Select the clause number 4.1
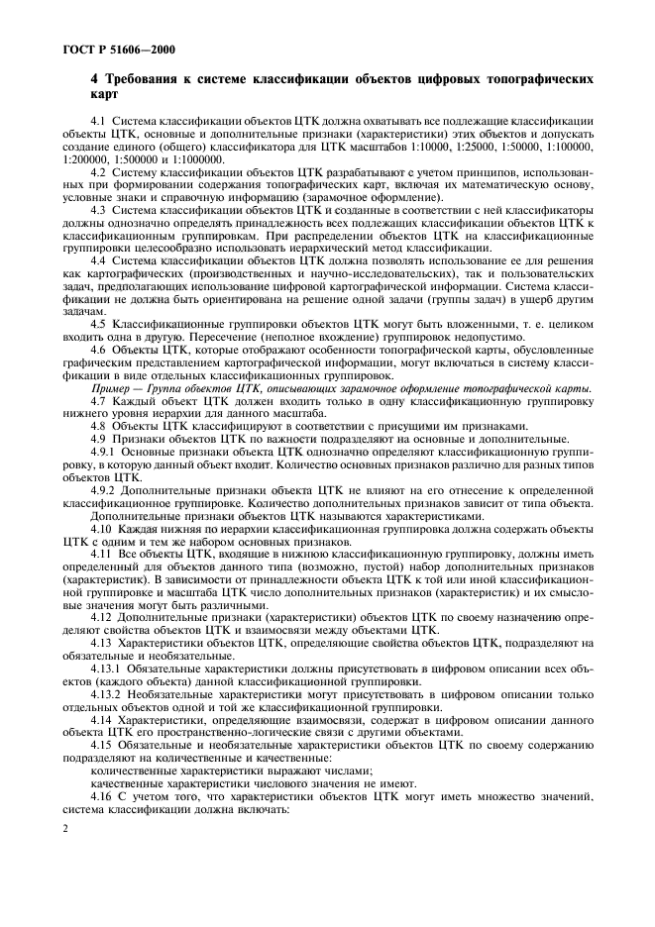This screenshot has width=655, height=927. click(x=98, y=121)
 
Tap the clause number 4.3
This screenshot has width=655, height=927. click(x=98, y=211)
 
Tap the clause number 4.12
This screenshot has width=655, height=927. click(x=100, y=618)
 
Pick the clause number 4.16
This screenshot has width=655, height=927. click(x=100, y=797)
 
